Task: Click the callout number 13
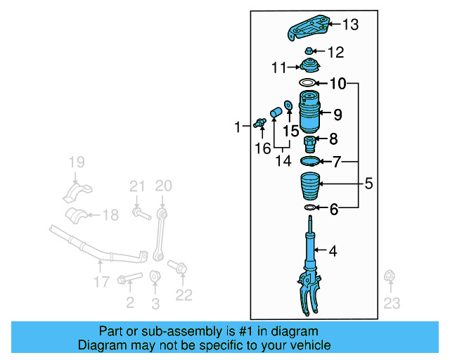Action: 349,25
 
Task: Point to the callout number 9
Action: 337,114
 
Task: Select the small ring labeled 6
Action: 309,208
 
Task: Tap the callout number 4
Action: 333,250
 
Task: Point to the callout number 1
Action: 237,127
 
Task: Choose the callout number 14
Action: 282,161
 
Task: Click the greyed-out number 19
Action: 75,164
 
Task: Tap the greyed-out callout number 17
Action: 101,281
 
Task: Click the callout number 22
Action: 184,295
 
